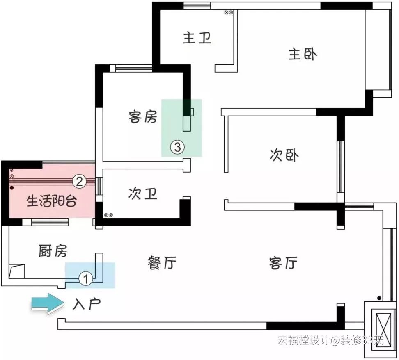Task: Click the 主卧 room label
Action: (x=303, y=54)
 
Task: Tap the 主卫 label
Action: (x=197, y=38)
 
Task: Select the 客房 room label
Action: (x=142, y=117)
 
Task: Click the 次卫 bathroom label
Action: (x=142, y=194)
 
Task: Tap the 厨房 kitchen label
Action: (x=53, y=251)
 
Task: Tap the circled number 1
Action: (x=85, y=279)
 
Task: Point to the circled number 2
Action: (x=79, y=181)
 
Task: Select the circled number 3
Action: (x=177, y=146)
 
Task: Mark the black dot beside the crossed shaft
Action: (x=379, y=298)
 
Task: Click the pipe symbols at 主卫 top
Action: (x=229, y=13)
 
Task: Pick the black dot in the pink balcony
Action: (x=12, y=188)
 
